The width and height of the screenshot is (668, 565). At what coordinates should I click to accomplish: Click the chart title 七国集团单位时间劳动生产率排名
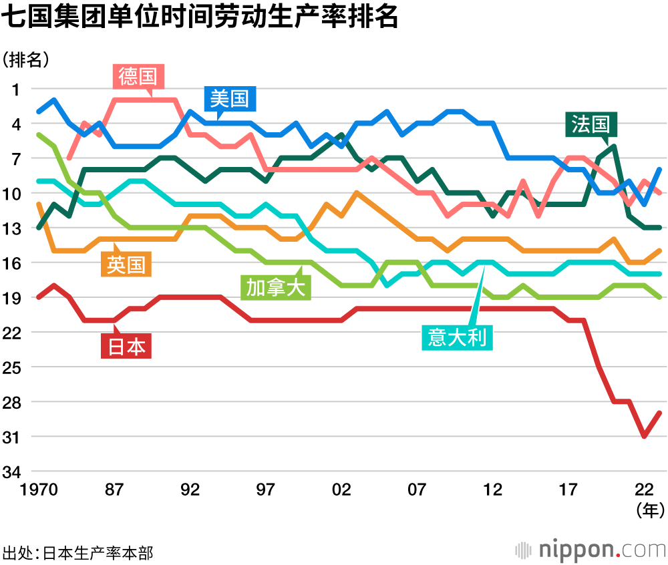click(200, 19)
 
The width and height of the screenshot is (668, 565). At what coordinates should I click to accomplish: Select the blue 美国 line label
click(229, 99)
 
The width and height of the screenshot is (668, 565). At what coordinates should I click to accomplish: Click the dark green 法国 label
click(591, 124)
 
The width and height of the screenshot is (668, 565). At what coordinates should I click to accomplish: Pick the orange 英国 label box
click(126, 264)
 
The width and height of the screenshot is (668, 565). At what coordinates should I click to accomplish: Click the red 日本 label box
click(126, 347)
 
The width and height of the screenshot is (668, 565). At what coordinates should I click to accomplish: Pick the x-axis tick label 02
click(341, 490)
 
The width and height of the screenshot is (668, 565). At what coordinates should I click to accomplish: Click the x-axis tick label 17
click(568, 490)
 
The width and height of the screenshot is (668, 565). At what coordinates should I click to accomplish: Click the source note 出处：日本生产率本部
click(77, 553)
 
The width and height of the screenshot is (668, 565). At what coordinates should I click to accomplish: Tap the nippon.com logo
click(592, 549)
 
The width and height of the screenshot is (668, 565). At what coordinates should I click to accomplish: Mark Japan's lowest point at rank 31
click(644, 437)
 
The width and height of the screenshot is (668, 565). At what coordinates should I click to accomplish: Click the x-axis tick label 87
click(114, 490)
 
